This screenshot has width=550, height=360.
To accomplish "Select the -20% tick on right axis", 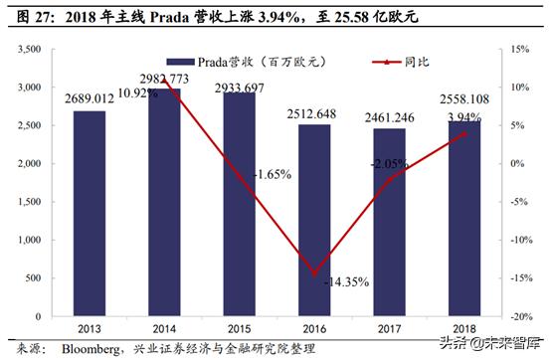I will (x=519, y=317).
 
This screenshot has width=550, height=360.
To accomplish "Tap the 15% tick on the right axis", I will (x=517, y=49).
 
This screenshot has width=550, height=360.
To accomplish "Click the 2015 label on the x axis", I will (x=240, y=328).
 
